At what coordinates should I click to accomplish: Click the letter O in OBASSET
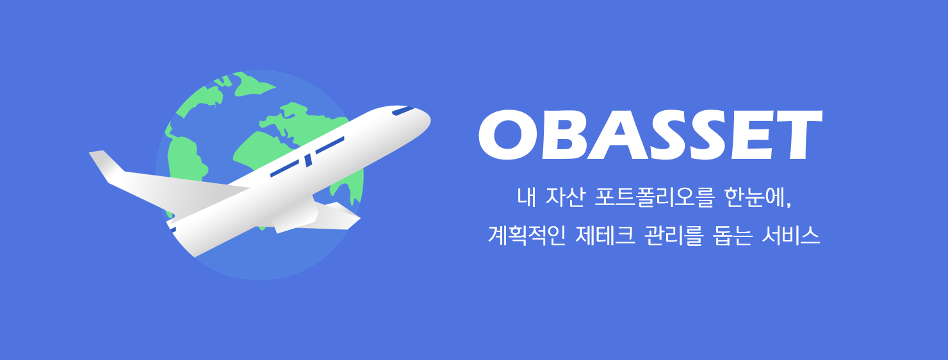(510, 136)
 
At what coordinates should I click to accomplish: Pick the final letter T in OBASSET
(798, 136)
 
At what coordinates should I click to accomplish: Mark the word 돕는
(734, 235)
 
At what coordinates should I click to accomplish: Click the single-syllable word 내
(527, 197)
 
